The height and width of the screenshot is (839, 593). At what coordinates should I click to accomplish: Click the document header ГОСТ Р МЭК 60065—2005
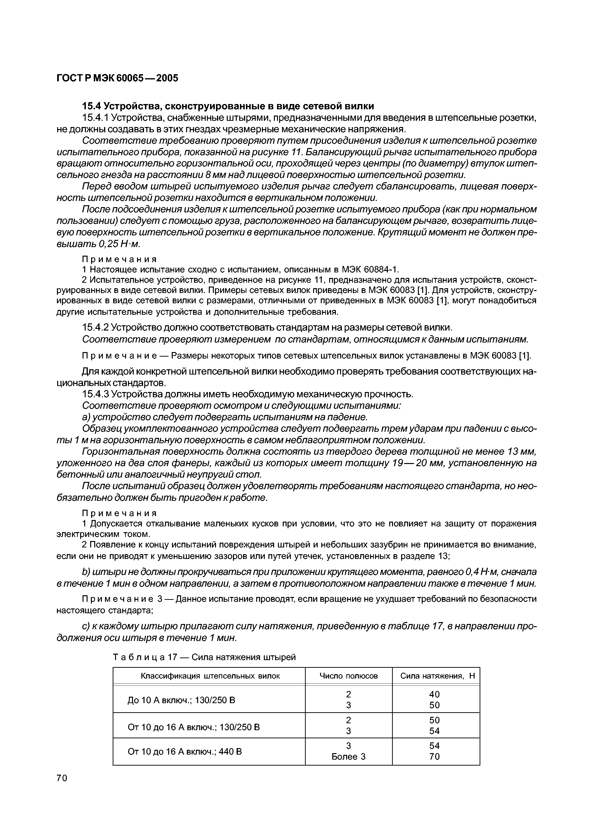pos(117,78)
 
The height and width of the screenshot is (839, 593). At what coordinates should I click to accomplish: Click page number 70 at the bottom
pos(62,779)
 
